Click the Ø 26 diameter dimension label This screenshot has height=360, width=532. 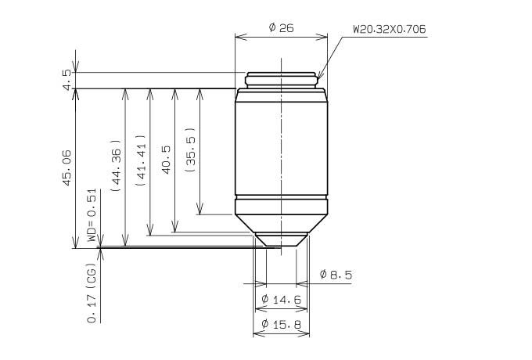pyautogui.click(x=281, y=28)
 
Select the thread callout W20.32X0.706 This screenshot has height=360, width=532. pyautogui.click(x=390, y=29)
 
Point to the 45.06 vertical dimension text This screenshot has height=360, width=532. pyautogui.click(x=67, y=167)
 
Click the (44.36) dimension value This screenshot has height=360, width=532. pyautogui.click(x=116, y=166)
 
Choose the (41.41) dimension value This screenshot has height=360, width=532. pyautogui.click(x=141, y=160)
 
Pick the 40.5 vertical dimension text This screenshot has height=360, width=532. pyautogui.click(x=166, y=160)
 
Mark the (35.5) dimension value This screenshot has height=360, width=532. pyautogui.click(x=191, y=149)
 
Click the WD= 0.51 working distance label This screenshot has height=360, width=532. pyautogui.click(x=92, y=215)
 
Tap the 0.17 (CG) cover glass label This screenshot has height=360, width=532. pyautogui.click(x=92, y=293)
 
